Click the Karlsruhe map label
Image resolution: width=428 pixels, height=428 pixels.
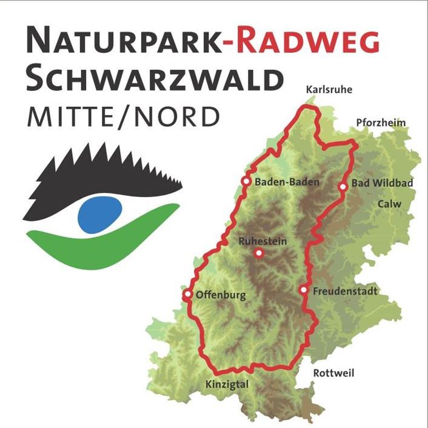click(x=329, y=90)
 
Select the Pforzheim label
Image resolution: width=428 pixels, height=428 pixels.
click(x=381, y=123)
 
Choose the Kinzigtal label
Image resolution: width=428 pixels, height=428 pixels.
click(x=227, y=384)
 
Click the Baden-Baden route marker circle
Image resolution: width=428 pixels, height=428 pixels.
click(x=246, y=181)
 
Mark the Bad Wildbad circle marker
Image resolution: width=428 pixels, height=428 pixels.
click(x=343, y=187)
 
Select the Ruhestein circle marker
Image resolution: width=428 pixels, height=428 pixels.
click(x=259, y=253)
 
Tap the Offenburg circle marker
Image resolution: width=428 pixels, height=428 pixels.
click(x=187, y=295)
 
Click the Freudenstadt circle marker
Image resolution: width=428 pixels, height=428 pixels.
click(x=304, y=290)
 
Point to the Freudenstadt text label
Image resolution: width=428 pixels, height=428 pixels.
click(x=344, y=292)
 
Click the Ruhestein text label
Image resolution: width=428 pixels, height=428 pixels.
click(x=263, y=241)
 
